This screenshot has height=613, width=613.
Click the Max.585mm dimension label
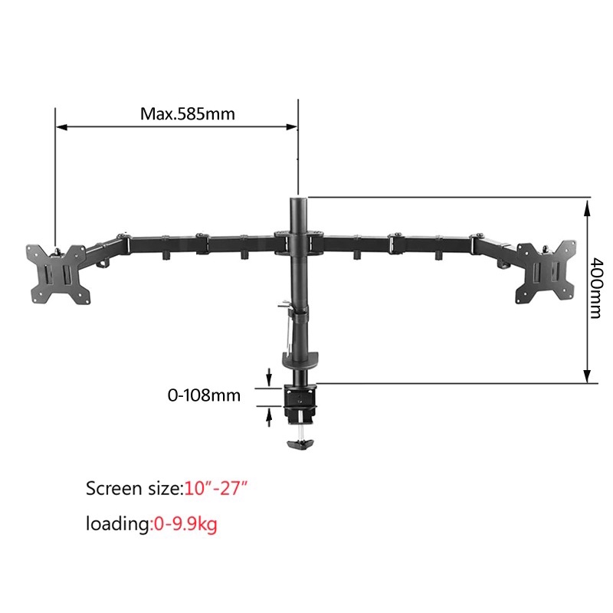tap(187, 114)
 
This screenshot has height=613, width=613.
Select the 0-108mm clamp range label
tap(204, 396)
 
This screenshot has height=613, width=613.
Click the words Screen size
tap(131, 487)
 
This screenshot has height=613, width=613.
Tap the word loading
tap(119, 524)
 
